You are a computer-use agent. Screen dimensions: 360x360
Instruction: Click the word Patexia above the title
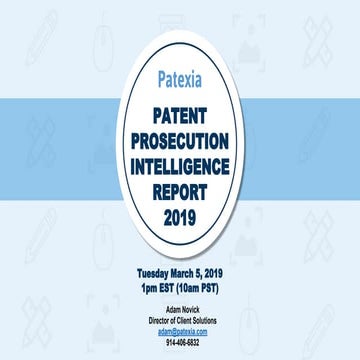pos(180,77)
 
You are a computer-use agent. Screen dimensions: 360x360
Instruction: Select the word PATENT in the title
pos(180,116)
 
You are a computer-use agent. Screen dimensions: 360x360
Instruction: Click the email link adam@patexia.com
pos(180,330)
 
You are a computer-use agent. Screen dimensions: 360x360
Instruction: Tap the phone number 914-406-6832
pos(180,341)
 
